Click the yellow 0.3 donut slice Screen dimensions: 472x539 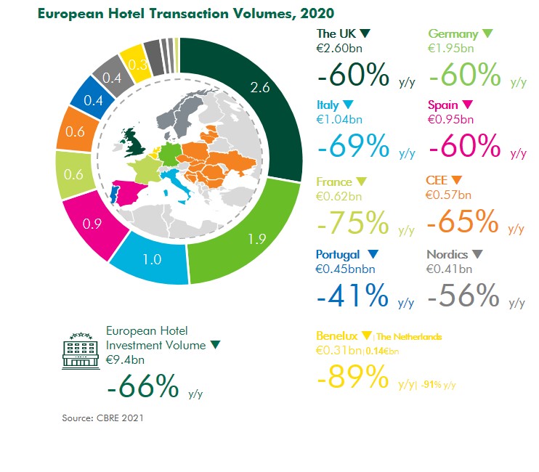pos(134,63)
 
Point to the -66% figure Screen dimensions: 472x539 pos(142,387)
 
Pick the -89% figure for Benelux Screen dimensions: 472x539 pos(353,377)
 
